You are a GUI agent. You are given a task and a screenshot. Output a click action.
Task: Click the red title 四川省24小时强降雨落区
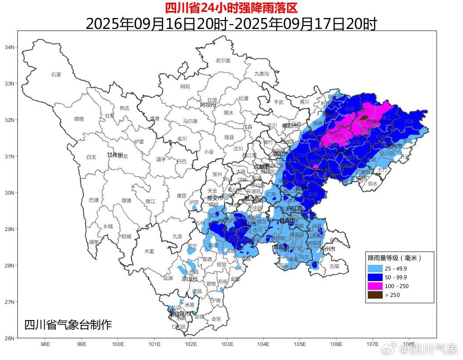[231, 7]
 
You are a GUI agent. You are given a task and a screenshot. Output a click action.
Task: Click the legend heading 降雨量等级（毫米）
[395, 258]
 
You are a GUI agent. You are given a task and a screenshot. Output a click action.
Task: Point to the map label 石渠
[56, 75]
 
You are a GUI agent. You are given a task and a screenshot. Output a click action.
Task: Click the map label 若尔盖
[223, 61]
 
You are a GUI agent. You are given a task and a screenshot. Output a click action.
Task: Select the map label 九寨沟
[262, 74]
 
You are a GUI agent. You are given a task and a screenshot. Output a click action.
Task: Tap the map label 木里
[149, 251]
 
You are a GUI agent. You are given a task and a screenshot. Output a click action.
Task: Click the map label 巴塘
[94, 200]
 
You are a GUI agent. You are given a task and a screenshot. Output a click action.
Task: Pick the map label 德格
[79, 119]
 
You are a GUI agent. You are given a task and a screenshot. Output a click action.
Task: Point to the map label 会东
[216, 319]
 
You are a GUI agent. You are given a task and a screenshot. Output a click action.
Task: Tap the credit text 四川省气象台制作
[68, 325]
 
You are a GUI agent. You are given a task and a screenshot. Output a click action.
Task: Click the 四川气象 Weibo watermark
[430, 349]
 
